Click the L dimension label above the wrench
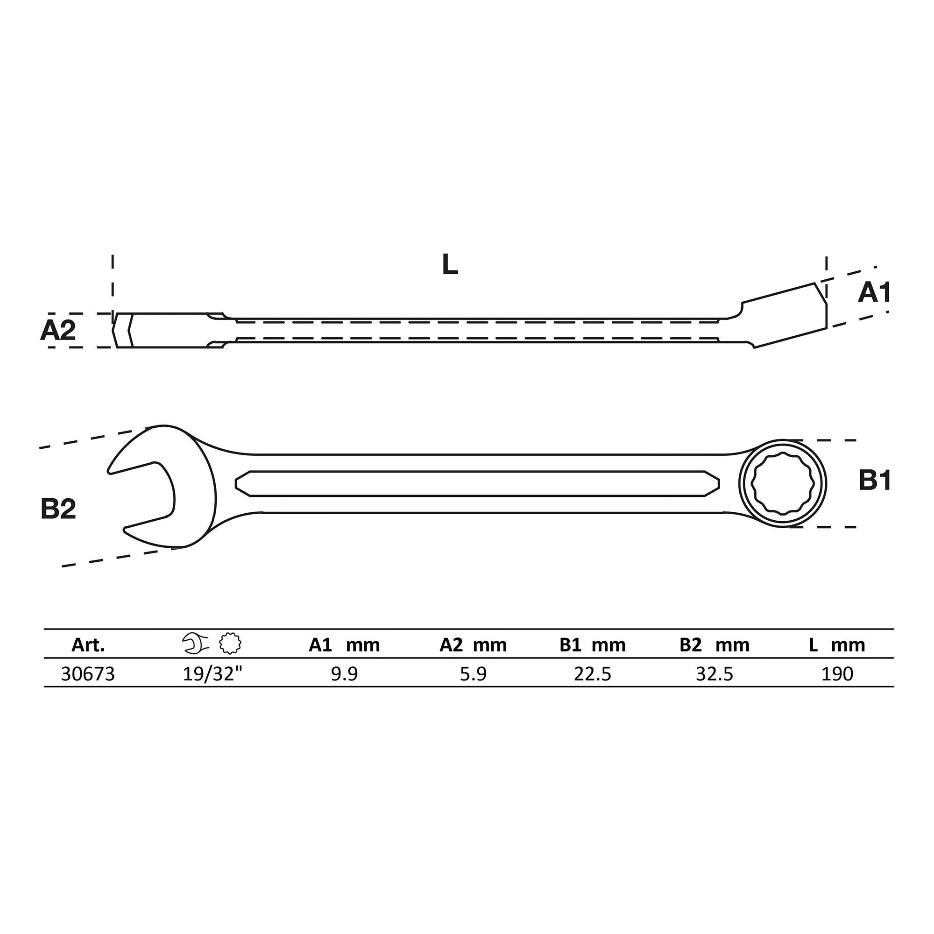click(450, 265)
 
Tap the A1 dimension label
click(874, 293)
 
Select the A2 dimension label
click(58, 331)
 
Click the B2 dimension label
click(58, 509)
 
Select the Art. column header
click(88, 645)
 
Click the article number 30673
click(88, 674)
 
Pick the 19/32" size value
click(212, 673)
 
